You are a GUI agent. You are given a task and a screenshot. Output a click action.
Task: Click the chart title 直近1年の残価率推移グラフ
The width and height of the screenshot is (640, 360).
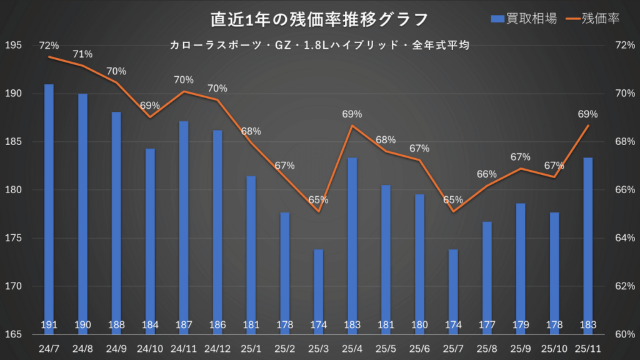click(319, 19)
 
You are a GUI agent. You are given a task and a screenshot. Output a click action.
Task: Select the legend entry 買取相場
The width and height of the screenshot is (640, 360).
click(524, 19)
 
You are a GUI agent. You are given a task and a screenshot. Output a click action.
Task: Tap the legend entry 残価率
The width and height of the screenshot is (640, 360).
click(592, 19)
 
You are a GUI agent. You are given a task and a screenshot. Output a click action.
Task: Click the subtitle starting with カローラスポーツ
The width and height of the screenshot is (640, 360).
click(319, 45)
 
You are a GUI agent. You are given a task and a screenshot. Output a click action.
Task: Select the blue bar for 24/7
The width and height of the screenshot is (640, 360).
click(49, 206)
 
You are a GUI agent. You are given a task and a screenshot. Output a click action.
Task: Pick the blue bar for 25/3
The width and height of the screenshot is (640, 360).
click(319, 291)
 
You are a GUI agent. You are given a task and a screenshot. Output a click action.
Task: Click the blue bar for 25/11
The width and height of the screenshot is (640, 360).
click(588, 244)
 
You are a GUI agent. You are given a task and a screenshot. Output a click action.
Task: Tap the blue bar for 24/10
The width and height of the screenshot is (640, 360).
click(150, 241)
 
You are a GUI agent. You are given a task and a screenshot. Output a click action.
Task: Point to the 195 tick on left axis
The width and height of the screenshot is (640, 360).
click(13, 46)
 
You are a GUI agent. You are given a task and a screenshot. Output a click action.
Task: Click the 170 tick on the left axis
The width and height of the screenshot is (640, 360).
click(13, 286)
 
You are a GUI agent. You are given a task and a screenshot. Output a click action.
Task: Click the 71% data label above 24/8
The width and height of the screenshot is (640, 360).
click(82, 54)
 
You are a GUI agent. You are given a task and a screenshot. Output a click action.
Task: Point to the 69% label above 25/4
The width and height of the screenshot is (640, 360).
click(352, 114)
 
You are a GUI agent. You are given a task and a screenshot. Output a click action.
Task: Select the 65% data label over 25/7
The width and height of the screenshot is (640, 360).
click(453, 200)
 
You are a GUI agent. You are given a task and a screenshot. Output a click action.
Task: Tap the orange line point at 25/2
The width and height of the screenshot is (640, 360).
click(285, 177)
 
